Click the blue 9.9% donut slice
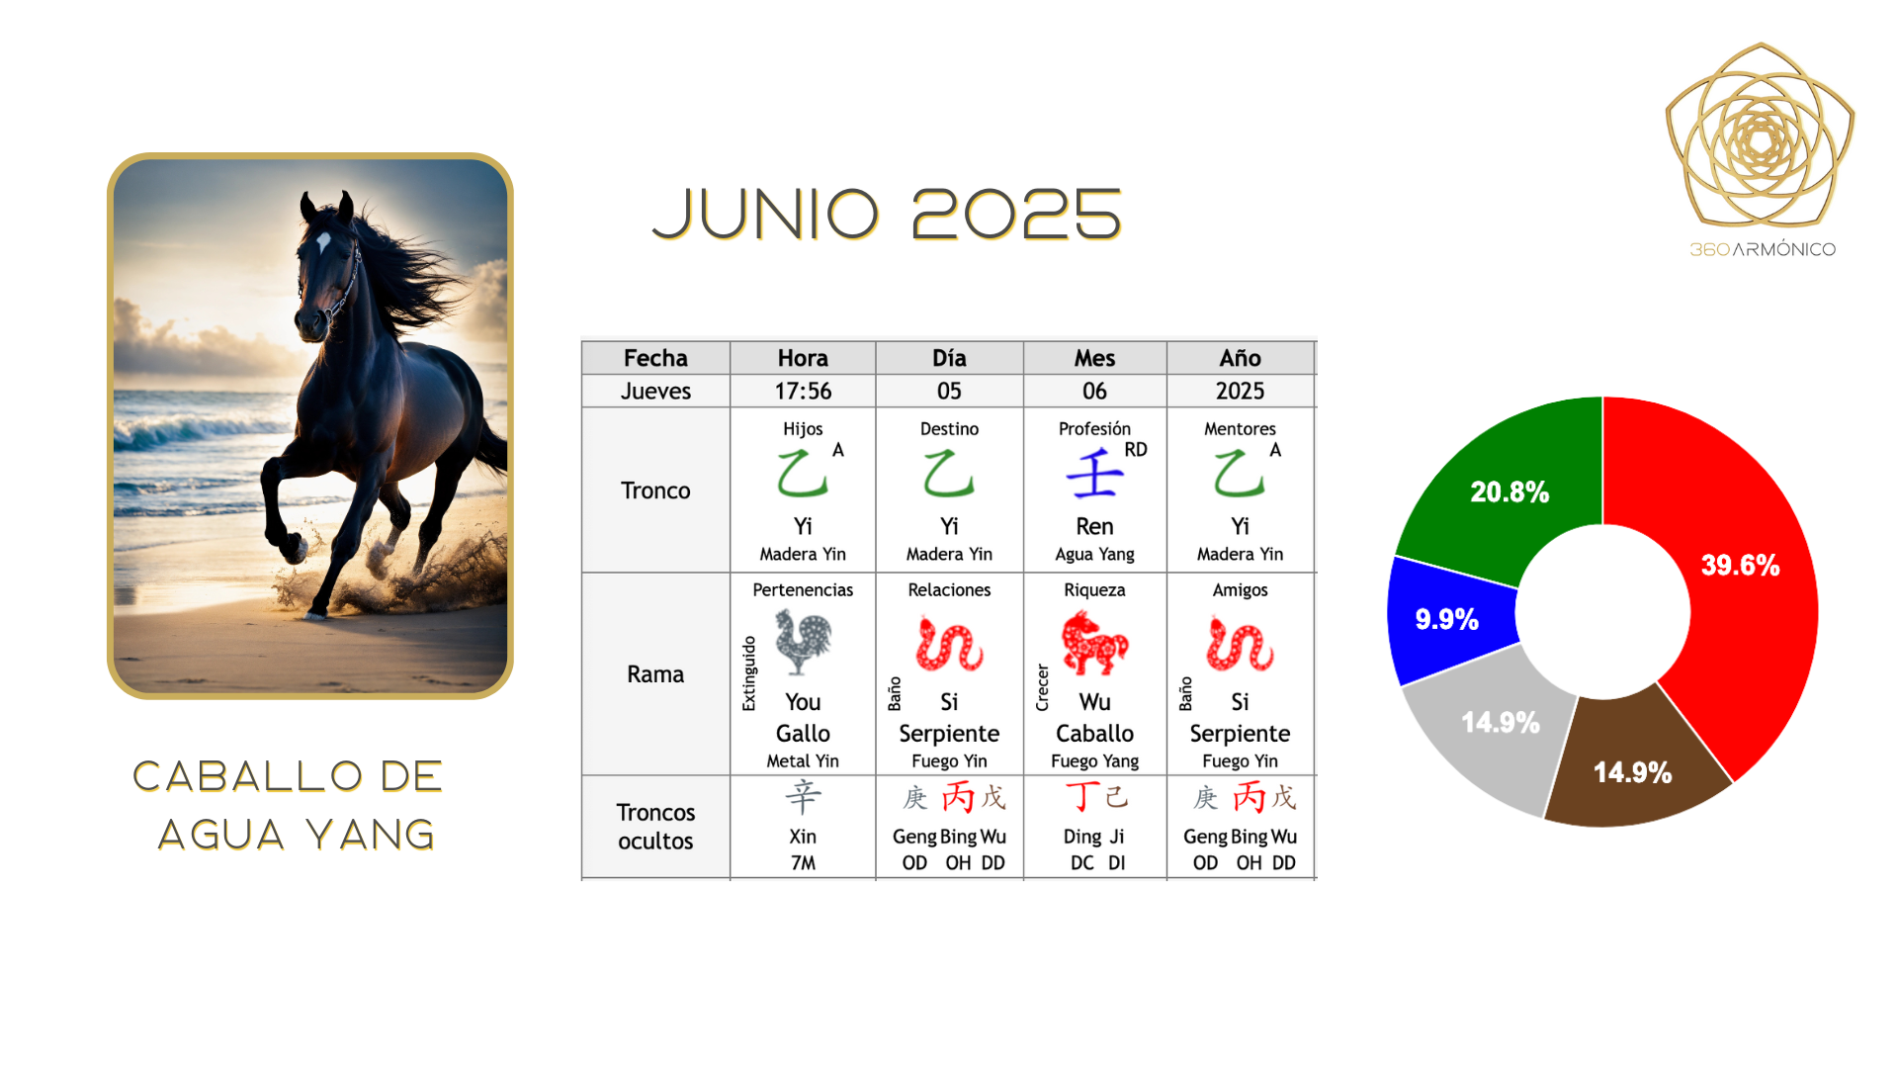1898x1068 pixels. pos(1448,620)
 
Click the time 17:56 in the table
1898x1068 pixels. pos(803,392)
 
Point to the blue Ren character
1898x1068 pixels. pos(1094,474)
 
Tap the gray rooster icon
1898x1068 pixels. pos(803,642)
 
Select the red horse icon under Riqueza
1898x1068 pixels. pos(1094,643)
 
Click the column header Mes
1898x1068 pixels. pos(1094,358)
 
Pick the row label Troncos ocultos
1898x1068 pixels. pos(655,827)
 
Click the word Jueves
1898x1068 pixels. pos(655,392)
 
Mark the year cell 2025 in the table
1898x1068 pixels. pos(1240,392)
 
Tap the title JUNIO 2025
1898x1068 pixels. pos(887,215)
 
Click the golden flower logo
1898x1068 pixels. pos(1761,135)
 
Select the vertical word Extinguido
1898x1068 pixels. pos(749,673)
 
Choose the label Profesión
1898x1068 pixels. pos(1094,429)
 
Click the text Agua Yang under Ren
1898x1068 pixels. pos(1094,555)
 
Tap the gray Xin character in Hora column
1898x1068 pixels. pos(803,797)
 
